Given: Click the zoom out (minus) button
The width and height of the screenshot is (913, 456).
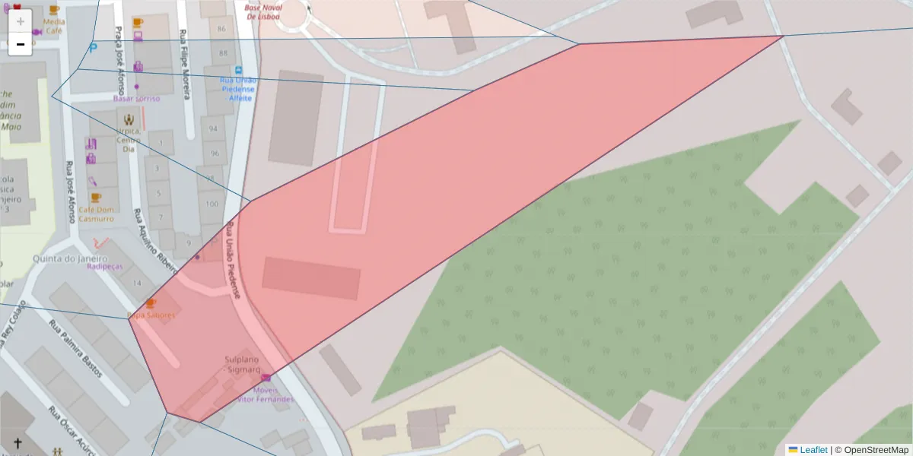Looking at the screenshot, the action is coord(21,44).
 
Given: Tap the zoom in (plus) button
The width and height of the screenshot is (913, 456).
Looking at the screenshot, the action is coord(21,21).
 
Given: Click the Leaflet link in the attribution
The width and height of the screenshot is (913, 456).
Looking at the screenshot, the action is coord(813,450).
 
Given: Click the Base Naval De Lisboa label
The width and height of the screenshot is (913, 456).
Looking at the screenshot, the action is coord(262,11).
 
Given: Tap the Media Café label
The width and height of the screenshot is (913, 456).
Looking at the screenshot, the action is coord(54,27).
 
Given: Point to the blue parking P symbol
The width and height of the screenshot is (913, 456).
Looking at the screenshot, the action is coord(93,48).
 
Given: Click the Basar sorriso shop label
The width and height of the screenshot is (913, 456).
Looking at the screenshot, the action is coord(137,99).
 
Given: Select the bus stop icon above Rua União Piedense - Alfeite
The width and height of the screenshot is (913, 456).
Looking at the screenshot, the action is coord(238,70).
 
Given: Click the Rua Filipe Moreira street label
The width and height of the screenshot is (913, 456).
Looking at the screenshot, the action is coord(183,65).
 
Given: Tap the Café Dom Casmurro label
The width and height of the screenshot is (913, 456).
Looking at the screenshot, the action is coord(96,214).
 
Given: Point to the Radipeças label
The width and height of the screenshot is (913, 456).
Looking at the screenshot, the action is coord(104,267).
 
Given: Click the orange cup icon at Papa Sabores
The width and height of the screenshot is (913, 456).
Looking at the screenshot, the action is coord(150,302).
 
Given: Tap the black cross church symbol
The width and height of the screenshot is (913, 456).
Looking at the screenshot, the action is coord(17,443).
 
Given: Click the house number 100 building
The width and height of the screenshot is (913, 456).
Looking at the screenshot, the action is coord(212,204).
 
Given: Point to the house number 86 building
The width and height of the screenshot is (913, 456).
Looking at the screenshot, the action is coord(222,29).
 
